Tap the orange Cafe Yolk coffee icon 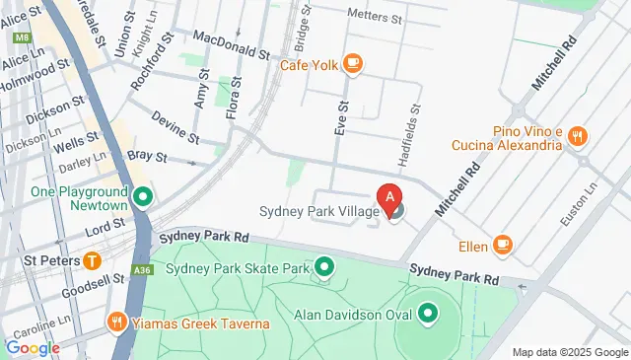353,64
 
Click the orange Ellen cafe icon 503,245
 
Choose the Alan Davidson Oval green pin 428,316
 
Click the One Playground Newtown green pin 143,197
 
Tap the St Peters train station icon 92,261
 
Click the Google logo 32,346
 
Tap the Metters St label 375,17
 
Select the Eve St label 342,117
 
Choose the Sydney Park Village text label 317,210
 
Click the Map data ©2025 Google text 570,352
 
